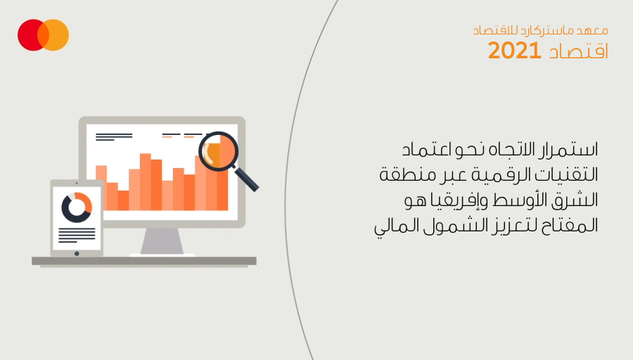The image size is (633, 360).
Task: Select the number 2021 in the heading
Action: [x=514, y=51]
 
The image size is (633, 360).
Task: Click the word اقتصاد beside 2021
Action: [x=578, y=51]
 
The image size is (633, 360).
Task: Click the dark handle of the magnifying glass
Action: [x=246, y=179]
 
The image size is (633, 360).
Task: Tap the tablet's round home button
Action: [x=77, y=253]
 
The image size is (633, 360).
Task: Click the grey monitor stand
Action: [x=162, y=241]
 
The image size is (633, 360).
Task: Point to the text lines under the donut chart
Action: [x=77, y=236]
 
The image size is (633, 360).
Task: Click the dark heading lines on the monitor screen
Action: [x=114, y=137]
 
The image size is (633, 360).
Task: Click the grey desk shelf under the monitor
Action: [x=144, y=261]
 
